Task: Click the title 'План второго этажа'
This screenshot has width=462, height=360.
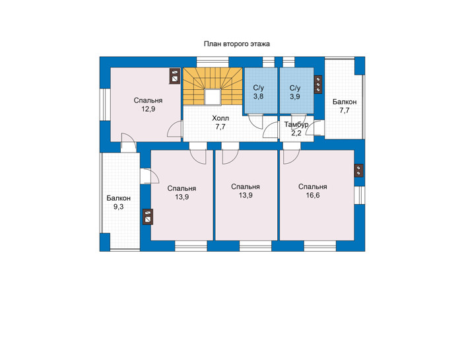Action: click(x=236, y=44)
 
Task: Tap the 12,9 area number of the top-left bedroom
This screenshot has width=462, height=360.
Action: click(x=148, y=109)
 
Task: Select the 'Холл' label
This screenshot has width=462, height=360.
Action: click(x=220, y=118)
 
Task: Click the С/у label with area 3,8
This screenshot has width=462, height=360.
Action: click(x=259, y=88)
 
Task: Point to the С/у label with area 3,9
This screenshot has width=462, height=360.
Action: click(x=295, y=88)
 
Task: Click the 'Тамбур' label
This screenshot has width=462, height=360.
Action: click(x=296, y=124)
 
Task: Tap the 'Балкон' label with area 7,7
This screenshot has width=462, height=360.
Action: click(x=345, y=102)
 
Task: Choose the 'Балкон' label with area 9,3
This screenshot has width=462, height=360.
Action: click(x=118, y=198)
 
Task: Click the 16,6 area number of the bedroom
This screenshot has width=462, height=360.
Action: click(x=313, y=195)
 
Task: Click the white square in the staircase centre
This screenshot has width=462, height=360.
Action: click(x=213, y=96)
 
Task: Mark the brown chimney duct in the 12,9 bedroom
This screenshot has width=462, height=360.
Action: click(x=175, y=76)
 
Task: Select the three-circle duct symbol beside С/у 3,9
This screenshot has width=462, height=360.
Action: click(x=318, y=85)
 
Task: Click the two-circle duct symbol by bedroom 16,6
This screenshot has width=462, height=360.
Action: click(x=358, y=170)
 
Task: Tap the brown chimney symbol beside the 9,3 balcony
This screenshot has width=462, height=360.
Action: click(x=148, y=217)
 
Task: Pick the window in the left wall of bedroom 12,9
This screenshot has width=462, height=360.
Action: click(x=104, y=104)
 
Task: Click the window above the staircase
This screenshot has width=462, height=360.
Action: click(x=213, y=62)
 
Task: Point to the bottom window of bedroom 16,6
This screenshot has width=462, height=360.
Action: click(x=320, y=246)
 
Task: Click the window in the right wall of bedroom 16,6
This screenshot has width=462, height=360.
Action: click(x=360, y=195)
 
